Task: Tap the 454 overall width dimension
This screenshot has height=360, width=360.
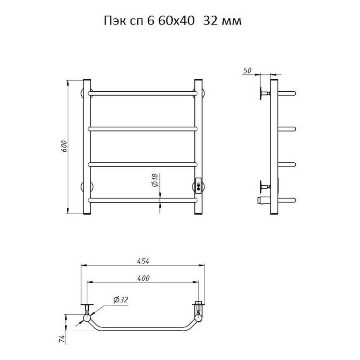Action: (x=143, y=261)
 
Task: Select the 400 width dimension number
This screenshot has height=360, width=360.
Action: (x=143, y=278)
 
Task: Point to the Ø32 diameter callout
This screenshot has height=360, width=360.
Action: (x=121, y=300)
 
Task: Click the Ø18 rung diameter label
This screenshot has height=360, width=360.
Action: (x=155, y=180)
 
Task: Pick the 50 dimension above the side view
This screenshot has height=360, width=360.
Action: (x=247, y=71)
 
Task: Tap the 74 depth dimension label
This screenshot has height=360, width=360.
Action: (x=62, y=338)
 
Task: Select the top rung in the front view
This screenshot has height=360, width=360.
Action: (x=143, y=94)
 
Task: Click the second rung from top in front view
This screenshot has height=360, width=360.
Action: (x=143, y=129)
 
